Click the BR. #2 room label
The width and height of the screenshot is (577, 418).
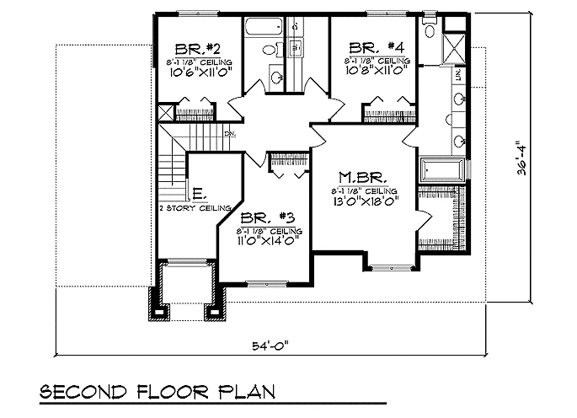(192, 48)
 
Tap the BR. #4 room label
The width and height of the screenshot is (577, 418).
(371, 48)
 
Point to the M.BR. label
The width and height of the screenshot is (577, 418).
(362, 178)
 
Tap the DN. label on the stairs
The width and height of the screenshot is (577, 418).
(229, 134)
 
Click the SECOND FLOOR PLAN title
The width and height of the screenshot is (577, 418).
(158, 394)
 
